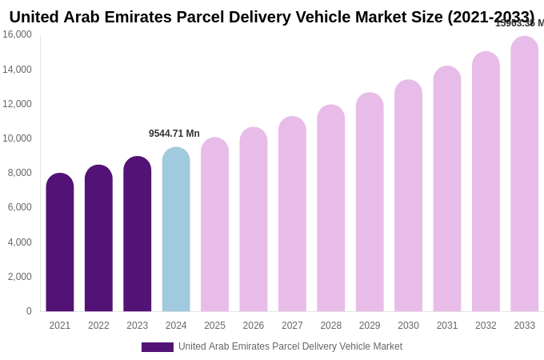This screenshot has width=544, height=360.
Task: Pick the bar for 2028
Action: click(x=331, y=208)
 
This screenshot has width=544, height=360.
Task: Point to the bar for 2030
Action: click(x=408, y=196)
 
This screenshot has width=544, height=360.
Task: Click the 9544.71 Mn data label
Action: click(x=174, y=134)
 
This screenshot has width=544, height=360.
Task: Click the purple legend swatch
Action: click(x=158, y=347)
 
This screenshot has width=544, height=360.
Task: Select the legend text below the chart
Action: click(x=290, y=346)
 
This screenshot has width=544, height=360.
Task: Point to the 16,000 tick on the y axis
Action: click(x=17, y=34)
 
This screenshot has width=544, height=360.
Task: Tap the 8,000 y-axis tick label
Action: click(x=19, y=173)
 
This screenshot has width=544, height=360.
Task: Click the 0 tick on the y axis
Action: click(x=29, y=311)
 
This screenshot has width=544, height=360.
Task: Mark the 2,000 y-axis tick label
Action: click(x=19, y=277)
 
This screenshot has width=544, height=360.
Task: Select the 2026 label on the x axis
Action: click(x=254, y=326)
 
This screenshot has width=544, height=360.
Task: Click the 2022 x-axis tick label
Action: click(x=98, y=326)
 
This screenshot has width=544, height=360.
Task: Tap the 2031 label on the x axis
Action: click(x=447, y=326)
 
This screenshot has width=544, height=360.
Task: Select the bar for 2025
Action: click(x=214, y=225)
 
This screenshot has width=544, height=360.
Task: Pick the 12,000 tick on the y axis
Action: click(x=17, y=104)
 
